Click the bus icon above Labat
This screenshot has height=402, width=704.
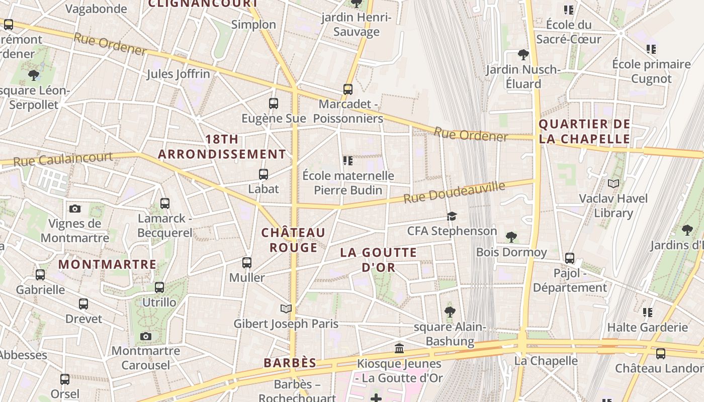click(x=263, y=174)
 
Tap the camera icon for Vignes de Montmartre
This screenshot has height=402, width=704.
click(x=75, y=209)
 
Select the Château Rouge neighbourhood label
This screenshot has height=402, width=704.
click(x=293, y=240)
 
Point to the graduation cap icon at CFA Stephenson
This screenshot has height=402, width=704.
click(x=452, y=216)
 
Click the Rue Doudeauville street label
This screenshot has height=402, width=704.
click(x=454, y=193)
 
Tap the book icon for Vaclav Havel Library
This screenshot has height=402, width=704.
click(x=613, y=183)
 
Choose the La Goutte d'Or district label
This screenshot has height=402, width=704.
click(x=379, y=260)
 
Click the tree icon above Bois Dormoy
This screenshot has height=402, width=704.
click(x=511, y=237)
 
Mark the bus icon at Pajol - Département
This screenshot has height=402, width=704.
click(x=570, y=258)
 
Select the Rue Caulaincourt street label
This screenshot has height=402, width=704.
click(x=63, y=159)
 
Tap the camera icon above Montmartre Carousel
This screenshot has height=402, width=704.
click(x=146, y=336)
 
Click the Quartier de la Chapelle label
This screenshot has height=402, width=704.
click(x=584, y=131)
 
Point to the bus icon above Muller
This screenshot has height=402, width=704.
click(x=246, y=262)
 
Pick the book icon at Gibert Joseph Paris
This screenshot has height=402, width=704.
click(x=286, y=309)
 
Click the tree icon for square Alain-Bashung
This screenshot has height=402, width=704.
click(x=450, y=312)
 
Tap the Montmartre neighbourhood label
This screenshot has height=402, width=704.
click(x=108, y=264)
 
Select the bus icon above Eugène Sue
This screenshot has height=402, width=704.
click(x=274, y=104)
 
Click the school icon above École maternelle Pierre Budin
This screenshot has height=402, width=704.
click(x=347, y=161)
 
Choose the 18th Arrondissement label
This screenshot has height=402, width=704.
click(x=222, y=147)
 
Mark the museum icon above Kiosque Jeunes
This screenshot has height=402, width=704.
click(x=399, y=348)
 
